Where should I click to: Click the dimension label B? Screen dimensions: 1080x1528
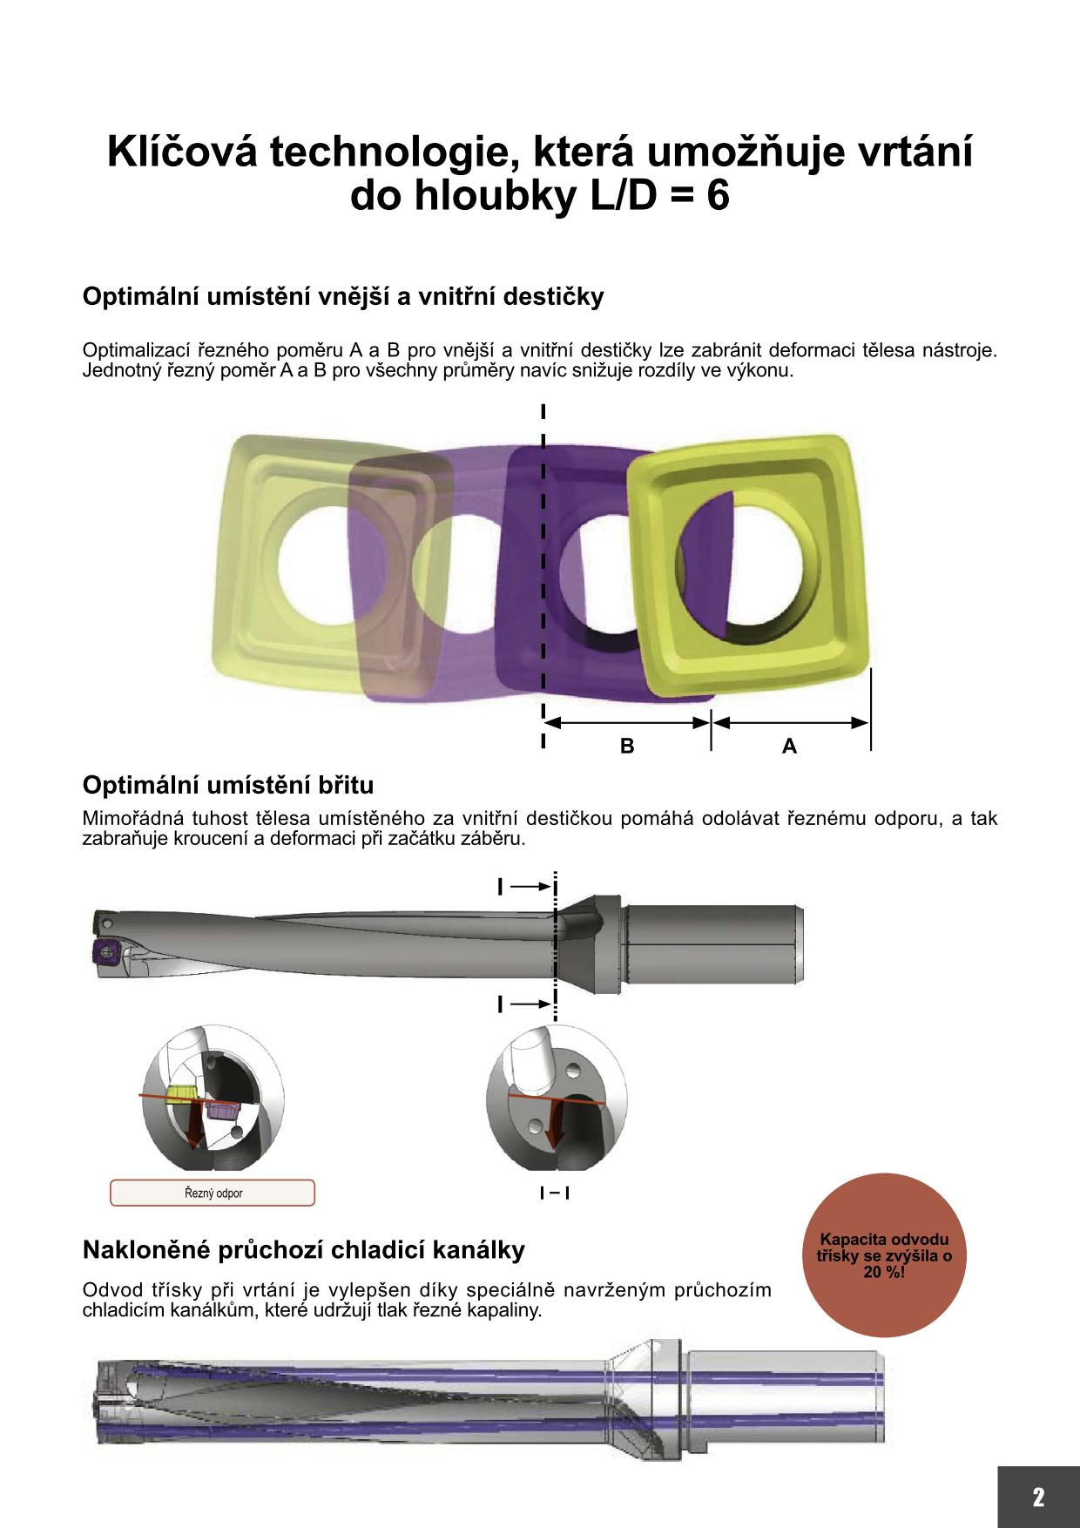pyautogui.click(x=626, y=746)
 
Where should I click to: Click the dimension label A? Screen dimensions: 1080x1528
pyautogui.click(x=789, y=746)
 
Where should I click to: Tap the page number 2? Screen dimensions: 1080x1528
pyautogui.click(x=1037, y=1498)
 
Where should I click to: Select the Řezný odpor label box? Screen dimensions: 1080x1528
pyautogui.click(x=213, y=1193)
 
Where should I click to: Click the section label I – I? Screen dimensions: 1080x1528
pyautogui.click(x=555, y=1193)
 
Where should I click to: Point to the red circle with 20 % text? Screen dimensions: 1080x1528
pyautogui.click(x=884, y=1254)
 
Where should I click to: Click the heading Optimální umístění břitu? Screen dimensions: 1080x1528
pyautogui.click(x=228, y=785)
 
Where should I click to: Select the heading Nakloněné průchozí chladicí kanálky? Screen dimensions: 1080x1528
pyautogui.click(x=304, y=1250)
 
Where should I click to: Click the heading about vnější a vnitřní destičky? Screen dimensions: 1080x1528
pyautogui.click(x=343, y=297)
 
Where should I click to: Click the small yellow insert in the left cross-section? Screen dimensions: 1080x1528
pyautogui.click(x=181, y=1093)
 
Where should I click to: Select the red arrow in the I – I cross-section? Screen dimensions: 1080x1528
pyautogui.click(x=552, y=1126)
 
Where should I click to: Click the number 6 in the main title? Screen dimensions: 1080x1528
pyautogui.click(x=718, y=196)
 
